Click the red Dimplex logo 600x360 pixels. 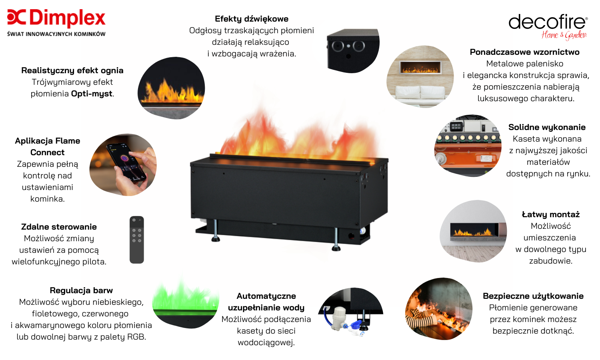click(56, 18)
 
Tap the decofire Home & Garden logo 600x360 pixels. click(548, 27)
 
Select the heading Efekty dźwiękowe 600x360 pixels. click(252, 19)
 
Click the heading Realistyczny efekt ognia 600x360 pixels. click(72, 70)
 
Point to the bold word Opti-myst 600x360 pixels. click(92, 94)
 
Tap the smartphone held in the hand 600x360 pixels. click(126, 162)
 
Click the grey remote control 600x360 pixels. click(137, 240)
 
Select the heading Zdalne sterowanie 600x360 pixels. click(59, 227)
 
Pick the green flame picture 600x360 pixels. click(186, 303)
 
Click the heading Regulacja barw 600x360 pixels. click(81, 290)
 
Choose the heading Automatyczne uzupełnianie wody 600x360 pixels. click(266, 302)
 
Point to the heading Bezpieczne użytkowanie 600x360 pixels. click(533, 296)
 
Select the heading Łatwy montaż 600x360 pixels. click(551, 214)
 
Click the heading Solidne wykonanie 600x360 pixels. click(547, 127)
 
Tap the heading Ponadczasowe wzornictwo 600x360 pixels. click(524, 52)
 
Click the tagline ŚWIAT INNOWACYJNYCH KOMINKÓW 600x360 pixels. click(56, 34)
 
